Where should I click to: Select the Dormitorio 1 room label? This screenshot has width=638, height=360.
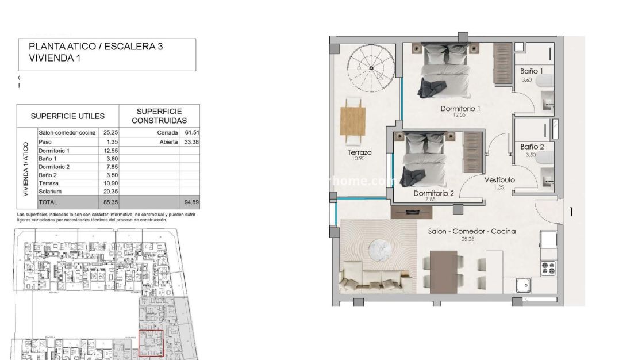pyautogui.click(x=460, y=108)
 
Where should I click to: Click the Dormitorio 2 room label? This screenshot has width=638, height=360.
pyautogui.click(x=434, y=194)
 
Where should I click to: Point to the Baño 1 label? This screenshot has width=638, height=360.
pyautogui.click(x=532, y=71)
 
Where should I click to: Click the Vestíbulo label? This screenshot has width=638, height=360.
pyautogui.click(x=499, y=180)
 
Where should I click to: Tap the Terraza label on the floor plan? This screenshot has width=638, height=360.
pyautogui.click(x=359, y=153)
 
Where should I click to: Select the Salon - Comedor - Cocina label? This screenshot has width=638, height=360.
pyautogui.click(x=471, y=231)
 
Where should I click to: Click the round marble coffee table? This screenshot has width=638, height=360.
pyautogui.click(x=379, y=248)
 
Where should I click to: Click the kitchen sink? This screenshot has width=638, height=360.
pyautogui.click(x=524, y=285)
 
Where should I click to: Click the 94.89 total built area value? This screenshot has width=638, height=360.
pyautogui.click(x=189, y=202)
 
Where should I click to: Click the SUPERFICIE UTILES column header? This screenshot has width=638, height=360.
pyautogui.click(x=67, y=116)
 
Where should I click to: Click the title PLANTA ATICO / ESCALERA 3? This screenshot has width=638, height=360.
pyautogui.click(x=96, y=47)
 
